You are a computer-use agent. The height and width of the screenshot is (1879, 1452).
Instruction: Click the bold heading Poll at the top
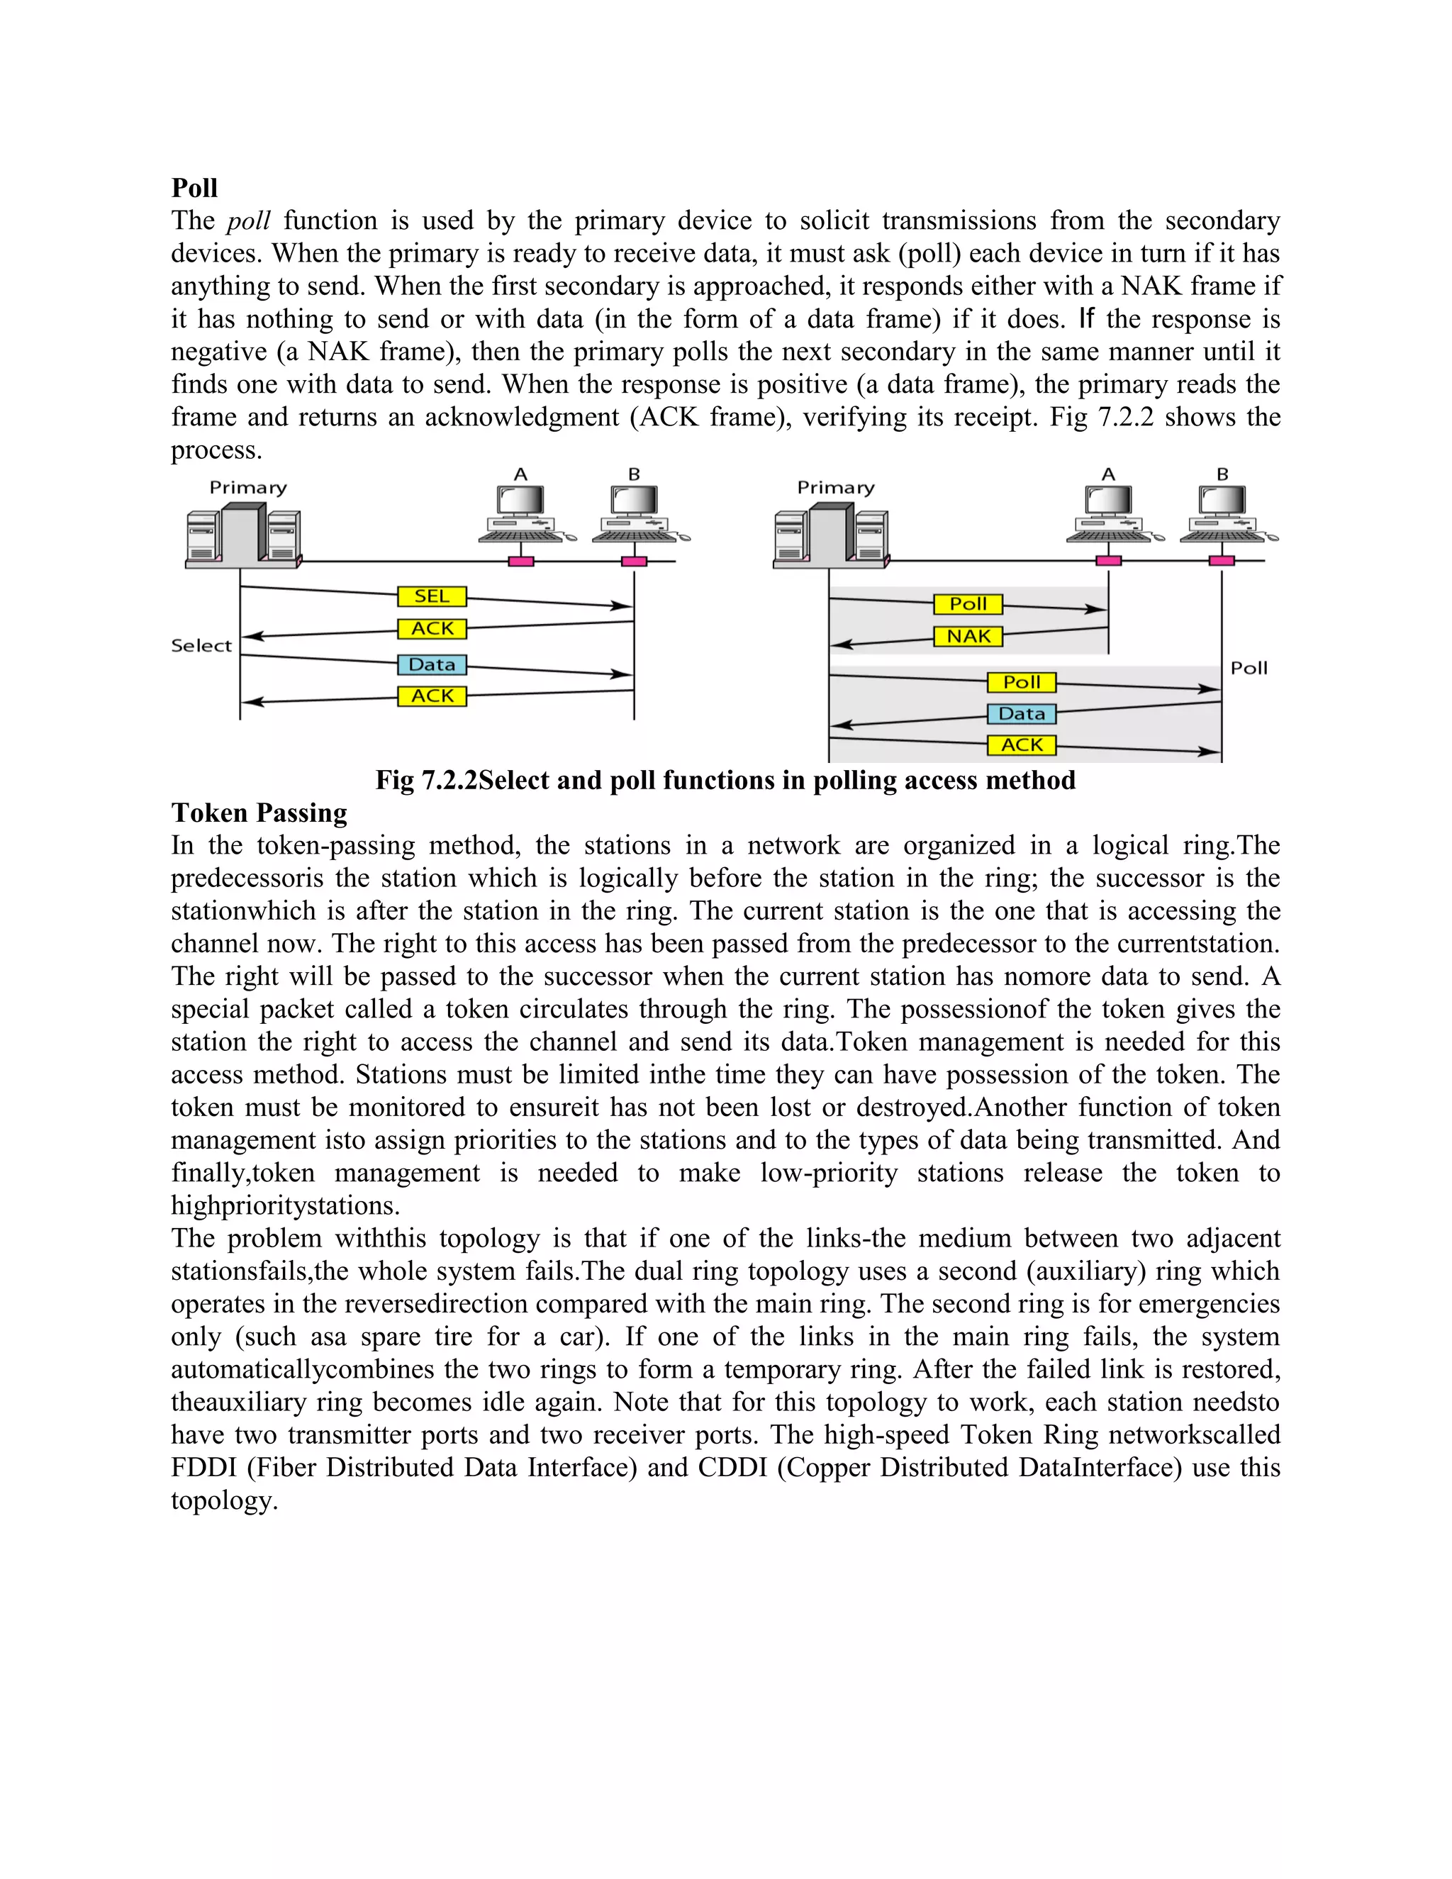click(x=194, y=189)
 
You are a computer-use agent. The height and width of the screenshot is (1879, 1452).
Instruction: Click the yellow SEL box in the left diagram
click(x=432, y=596)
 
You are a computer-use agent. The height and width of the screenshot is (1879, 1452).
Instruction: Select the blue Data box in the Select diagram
click(x=432, y=664)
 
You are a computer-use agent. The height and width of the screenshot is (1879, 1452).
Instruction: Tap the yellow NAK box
click(x=968, y=637)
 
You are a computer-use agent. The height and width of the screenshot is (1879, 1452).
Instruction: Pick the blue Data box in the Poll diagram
click(x=1021, y=714)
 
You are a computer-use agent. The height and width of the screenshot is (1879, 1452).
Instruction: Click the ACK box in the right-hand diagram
click(x=1021, y=745)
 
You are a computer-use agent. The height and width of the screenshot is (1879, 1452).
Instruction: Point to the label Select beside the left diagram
click(x=201, y=646)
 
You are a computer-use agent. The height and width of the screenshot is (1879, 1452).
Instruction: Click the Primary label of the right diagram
click(x=835, y=488)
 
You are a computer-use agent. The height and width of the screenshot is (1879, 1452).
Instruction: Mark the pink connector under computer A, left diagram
click(x=520, y=562)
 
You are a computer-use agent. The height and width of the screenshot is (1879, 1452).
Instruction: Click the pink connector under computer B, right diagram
click(x=1222, y=561)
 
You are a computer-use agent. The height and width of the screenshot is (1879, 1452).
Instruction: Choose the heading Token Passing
click(x=259, y=813)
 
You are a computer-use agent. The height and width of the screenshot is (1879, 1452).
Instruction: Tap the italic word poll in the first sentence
click(x=249, y=221)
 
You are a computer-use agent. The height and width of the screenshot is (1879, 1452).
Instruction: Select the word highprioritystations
click(x=285, y=1206)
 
